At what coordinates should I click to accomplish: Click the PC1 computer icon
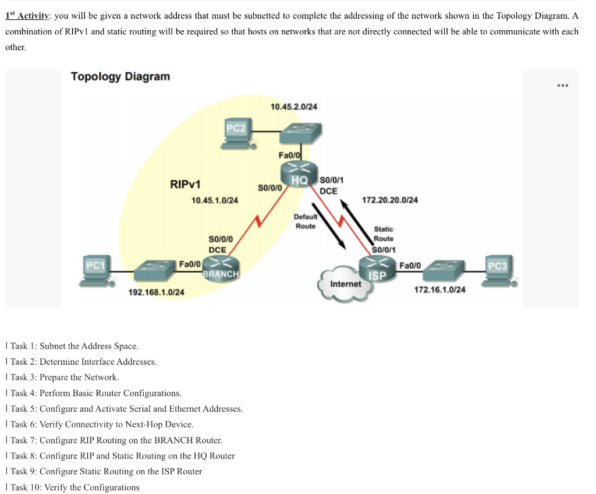[93, 271]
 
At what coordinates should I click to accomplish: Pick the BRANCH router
[221, 268]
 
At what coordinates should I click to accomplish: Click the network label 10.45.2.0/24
[294, 107]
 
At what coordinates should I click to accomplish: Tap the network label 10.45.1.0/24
[215, 200]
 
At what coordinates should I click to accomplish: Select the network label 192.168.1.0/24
[156, 292]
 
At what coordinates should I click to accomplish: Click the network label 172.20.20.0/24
[389, 200]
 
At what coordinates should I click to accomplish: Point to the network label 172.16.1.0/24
[439, 290]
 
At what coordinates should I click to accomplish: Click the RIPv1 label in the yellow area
[185, 185]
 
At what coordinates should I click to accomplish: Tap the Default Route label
[306, 221]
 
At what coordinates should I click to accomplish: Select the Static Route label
[383, 234]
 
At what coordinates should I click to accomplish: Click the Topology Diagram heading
[120, 76]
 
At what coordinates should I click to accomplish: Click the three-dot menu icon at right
[562, 86]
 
